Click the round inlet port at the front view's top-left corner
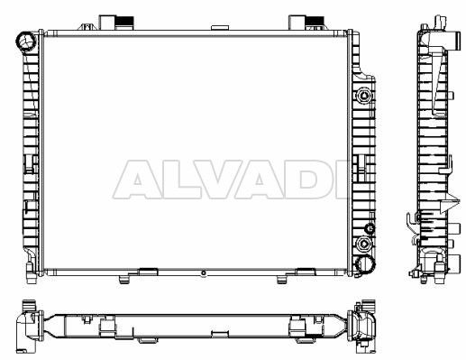26,42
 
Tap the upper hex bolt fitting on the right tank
364,96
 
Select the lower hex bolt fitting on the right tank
364,244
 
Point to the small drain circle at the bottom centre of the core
204,273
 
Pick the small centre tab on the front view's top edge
220,28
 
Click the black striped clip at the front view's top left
124,22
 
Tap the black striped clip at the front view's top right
315,21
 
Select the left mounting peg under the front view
123,280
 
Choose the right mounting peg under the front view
281,280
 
